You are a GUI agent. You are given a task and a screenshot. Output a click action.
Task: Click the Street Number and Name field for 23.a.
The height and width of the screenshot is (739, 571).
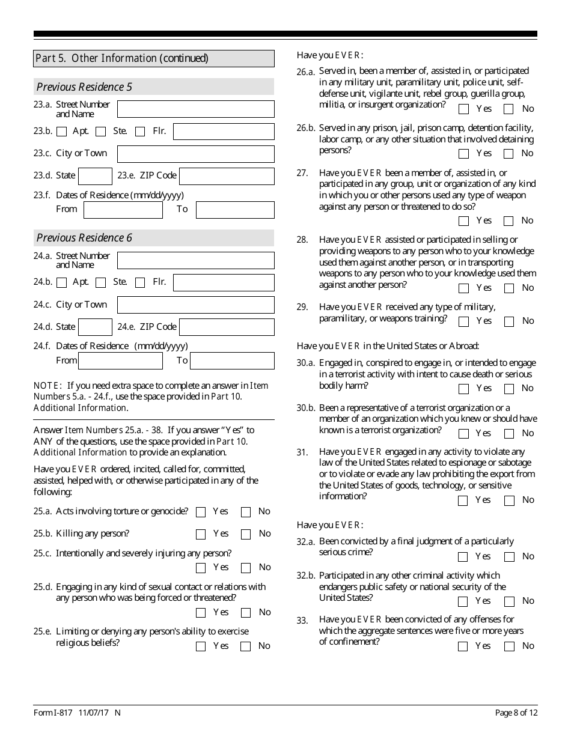pos(195,109)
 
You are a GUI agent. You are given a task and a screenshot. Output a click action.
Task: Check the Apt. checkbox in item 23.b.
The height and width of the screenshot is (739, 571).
pos(62,132)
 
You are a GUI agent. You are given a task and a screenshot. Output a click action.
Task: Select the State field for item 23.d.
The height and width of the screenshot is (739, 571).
pos(95,176)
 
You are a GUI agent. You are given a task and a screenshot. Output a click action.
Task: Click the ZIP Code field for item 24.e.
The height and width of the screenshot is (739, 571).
pos(227,327)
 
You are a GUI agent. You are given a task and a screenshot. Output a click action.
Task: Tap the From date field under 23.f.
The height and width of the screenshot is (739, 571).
pos(123,210)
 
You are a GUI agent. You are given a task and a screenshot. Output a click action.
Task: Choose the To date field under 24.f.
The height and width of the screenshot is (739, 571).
pos(232,360)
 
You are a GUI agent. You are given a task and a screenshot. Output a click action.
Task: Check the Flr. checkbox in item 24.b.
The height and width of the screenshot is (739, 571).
pos(140,282)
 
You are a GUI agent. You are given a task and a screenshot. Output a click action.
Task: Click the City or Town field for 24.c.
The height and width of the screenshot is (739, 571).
pos(195,305)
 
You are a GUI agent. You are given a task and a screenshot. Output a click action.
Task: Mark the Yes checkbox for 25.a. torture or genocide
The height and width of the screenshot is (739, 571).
pos(201,512)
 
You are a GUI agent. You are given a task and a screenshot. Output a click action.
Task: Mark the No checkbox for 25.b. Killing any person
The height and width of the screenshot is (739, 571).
pos(246,534)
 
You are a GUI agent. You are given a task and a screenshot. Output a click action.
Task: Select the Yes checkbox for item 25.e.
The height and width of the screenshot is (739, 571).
pos(201,646)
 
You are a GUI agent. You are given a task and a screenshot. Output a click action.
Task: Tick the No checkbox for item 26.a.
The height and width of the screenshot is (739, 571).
pos(509,109)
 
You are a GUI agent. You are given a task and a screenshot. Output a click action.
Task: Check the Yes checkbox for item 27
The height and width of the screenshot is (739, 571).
pos(463,221)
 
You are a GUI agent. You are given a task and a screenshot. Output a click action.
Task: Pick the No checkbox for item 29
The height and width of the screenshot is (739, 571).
pos(509,321)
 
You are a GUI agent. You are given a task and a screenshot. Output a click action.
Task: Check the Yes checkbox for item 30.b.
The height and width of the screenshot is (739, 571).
pos(463,434)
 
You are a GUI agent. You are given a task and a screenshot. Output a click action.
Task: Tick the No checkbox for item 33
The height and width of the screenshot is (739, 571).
pos(509,646)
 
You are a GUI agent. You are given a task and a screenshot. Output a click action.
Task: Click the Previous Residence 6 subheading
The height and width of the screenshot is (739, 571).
pos(84,238)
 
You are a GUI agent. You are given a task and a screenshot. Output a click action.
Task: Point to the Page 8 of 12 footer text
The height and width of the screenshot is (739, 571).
pos(516,713)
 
